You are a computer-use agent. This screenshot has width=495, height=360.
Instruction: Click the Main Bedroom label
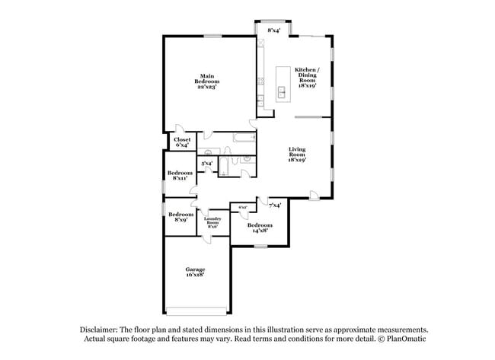(207, 81)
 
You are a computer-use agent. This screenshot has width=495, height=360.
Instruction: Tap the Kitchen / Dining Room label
(308, 78)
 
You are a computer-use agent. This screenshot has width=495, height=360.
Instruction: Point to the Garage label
(196, 272)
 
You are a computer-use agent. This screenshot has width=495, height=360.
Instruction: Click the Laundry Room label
(212, 223)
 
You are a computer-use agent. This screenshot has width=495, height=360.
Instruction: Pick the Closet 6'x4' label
(182, 142)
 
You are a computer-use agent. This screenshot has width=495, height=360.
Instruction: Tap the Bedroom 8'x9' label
(180, 217)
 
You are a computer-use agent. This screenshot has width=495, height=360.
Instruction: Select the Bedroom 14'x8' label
(260, 227)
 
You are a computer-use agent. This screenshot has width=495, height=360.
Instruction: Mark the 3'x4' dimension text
(206, 164)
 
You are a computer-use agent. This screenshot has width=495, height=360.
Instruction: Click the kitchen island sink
(282, 93)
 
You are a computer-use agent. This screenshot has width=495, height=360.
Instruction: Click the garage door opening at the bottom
(196, 311)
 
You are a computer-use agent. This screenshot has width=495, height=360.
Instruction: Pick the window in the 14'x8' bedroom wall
(260, 245)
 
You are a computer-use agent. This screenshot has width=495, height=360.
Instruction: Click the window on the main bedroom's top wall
(212, 36)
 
